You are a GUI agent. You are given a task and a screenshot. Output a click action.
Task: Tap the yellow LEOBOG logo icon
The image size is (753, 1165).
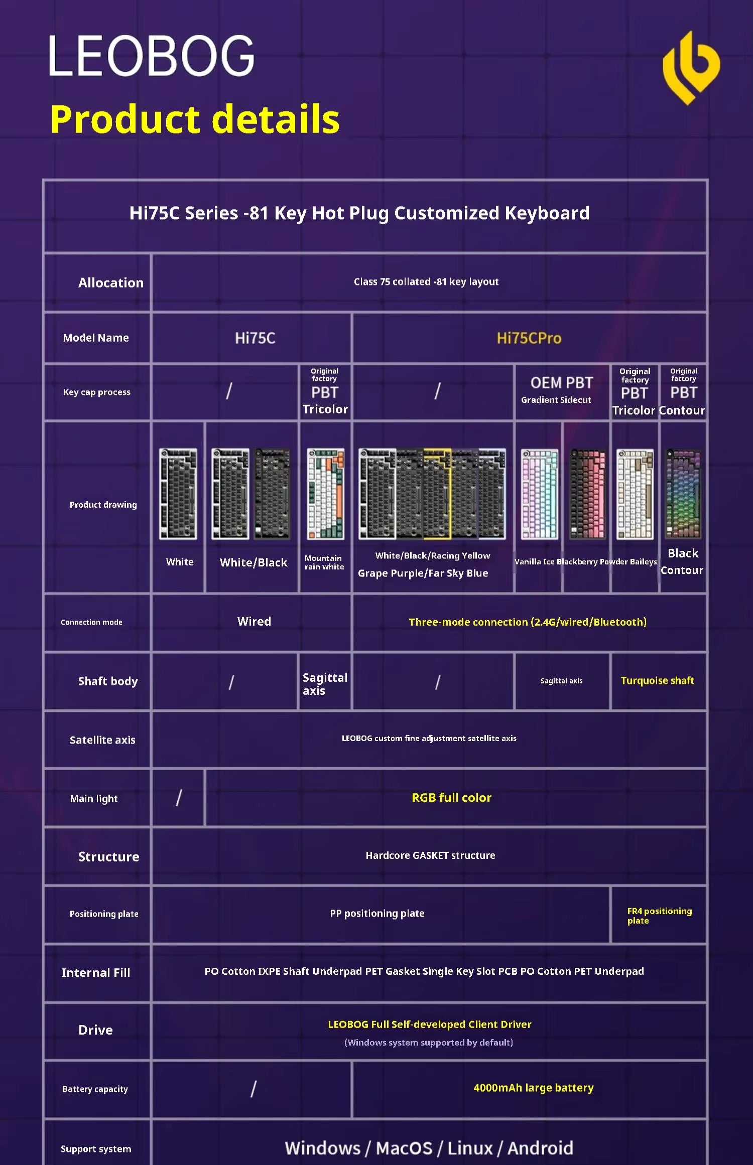click(x=691, y=68)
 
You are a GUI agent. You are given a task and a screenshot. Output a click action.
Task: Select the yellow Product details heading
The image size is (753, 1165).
click(x=195, y=119)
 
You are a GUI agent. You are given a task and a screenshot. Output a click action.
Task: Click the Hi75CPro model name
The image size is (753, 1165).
click(x=529, y=338)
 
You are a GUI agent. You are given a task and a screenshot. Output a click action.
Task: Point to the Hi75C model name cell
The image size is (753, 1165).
click(x=255, y=338)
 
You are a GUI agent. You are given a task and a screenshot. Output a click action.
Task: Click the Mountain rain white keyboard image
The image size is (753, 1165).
click(x=325, y=494)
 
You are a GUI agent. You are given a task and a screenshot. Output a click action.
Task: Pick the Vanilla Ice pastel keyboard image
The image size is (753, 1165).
click(x=539, y=494)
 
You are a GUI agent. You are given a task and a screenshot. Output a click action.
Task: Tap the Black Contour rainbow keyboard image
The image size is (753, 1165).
click(x=683, y=494)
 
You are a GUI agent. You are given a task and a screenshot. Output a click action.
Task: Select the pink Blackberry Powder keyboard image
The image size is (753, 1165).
click(x=587, y=494)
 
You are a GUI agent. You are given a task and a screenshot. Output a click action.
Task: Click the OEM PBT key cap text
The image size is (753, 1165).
click(x=561, y=383)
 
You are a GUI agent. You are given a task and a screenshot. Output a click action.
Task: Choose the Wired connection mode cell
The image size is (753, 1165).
click(x=254, y=622)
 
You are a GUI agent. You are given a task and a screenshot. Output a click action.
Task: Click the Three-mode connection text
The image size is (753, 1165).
click(x=527, y=622)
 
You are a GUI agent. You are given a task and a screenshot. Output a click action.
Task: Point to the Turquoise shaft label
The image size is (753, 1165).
click(x=657, y=681)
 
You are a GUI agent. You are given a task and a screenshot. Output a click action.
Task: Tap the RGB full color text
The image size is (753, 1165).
click(x=451, y=798)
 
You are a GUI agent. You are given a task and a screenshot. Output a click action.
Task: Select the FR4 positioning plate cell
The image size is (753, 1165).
click(x=659, y=915)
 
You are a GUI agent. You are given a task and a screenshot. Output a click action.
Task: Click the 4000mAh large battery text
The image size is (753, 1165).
click(x=533, y=1088)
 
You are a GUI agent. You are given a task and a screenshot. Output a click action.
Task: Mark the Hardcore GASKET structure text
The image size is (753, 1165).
click(x=430, y=855)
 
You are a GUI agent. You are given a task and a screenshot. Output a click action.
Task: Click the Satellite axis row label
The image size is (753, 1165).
click(x=102, y=740)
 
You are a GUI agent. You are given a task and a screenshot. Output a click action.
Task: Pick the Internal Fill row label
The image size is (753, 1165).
click(x=96, y=973)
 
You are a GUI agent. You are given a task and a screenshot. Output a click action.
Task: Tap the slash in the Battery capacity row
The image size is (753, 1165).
click(x=253, y=1089)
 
